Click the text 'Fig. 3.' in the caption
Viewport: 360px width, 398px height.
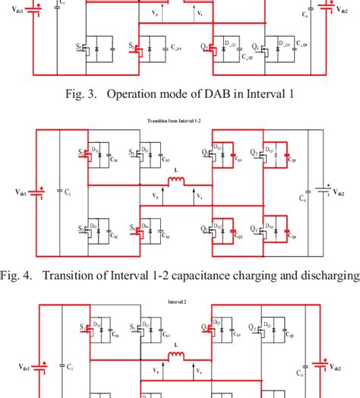pyautogui.click(x=83, y=94)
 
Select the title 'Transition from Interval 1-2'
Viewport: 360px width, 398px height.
pyautogui.click(x=180, y=120)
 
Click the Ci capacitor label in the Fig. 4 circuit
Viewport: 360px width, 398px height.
pyautogui.click(x=69, y=193)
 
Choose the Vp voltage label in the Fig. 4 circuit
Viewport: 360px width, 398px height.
pyautogui.click(x=156, y=196)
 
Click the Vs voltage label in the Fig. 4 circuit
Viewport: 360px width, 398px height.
pyautogui.click(x=200, y=196)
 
